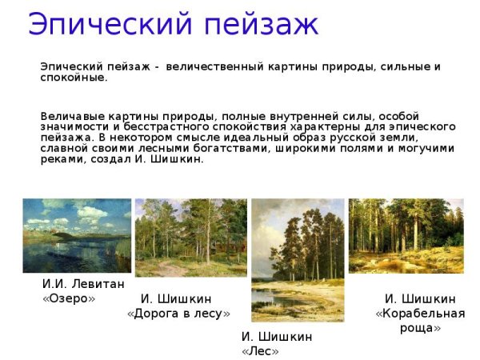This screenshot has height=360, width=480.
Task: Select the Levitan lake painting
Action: pyautogui.click(x=77, y=235)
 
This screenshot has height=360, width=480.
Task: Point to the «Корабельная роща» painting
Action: pyautogui.click(x=406, y=236)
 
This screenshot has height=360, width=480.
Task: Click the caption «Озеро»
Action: pyautogui.click(x=69, y=298)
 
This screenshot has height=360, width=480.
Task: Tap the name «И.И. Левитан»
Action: pyautogui.click(x=83, y=284)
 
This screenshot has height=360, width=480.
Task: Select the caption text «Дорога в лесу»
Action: pyautogui.click(x=178, y=313)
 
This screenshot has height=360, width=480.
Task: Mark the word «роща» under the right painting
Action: pyautogui.click(x=420, y=327)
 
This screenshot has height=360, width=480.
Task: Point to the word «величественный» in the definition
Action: pyautogui.click(x=207, y=66)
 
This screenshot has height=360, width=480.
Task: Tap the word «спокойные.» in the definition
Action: pyautogui.click(x=74, y=78)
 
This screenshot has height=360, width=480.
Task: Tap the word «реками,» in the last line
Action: pyautogui.click(x=62, y=159)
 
